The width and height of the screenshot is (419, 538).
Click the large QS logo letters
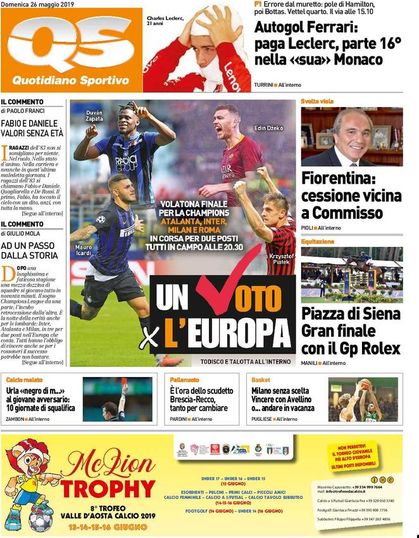(71, 48)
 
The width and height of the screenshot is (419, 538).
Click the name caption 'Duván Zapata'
(94, 116)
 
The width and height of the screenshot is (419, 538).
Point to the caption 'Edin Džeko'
(269, 128)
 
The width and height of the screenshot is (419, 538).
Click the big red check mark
(228, 283)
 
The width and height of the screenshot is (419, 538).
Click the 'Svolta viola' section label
(317, 101)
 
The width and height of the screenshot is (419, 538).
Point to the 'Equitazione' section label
(318, 241)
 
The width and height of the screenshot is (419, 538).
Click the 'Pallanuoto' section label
(184, 379)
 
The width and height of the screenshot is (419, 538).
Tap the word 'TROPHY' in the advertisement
(108, 489)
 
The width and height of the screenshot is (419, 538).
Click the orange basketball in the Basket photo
(365, 384)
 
